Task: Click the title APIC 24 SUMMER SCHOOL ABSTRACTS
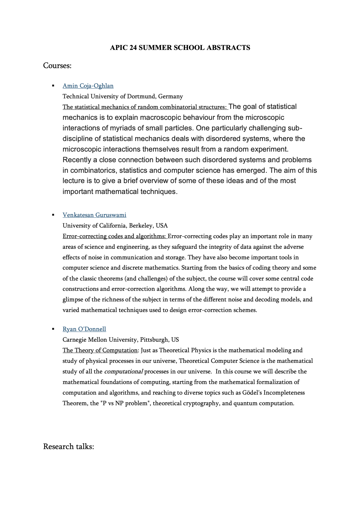point(180,48)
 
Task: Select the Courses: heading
point(57,66)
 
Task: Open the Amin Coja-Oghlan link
point(88,86)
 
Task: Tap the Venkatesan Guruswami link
point(94,215)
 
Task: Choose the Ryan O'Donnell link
point(84,329)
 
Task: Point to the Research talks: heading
point(68,446)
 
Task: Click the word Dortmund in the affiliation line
point(142,96)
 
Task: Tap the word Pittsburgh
point(154,340)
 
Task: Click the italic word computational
point(123,371)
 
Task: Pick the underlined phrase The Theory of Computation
point(100,350)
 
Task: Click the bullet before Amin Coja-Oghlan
point(53,86)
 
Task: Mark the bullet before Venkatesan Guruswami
point(53,215)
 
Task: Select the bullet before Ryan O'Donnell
point(53,329)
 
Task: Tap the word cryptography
point(201,403)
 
